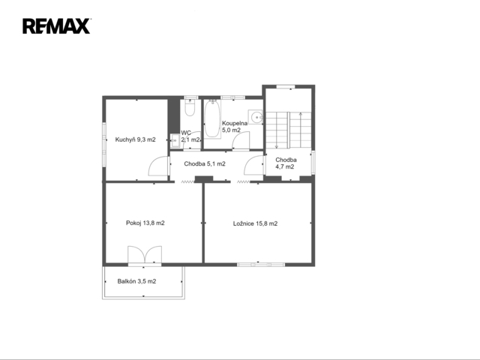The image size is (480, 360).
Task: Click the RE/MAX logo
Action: pyautogui.click(x=56, y=26)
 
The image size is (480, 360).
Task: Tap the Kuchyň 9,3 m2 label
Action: pyautogui.click(x=135, y=139)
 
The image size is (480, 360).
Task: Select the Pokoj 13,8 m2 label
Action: pyautogui.click(x=145, y=223)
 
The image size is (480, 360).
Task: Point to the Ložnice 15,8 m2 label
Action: pyautogui.click(x=255, y=223)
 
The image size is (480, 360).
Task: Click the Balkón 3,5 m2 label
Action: pyautogui.click(x=136, y=281)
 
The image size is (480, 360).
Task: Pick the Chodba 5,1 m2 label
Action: pyautogui.click(x=205, y=163)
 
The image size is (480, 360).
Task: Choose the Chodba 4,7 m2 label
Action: pyautogui.click(x=286, y=163)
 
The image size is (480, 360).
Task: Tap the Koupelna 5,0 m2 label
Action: pyautogui.click(x=235, y=127)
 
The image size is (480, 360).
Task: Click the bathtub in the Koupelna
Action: pyautogui.click(x=212, y=118)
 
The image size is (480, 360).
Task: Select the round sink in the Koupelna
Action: pyautogui.click(x=255, y=117)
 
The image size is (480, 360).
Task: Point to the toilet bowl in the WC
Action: pyautogui.click(x=190, y=108)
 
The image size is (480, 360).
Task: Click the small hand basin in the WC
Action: pyautogui.click(x=175, y=141)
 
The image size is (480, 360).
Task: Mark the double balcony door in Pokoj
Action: pyautogui.click(x=145, y=255)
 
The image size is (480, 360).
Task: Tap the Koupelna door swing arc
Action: pyautogui.click(x=241, y=140)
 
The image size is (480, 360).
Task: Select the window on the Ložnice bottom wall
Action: pyautogui.click(x=261, y=265)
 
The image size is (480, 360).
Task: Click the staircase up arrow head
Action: pyautogui.click(x=301, y=114)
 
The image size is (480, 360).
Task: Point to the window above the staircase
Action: pyautogui.click(x=286, y=87)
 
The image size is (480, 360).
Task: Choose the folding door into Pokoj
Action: pyautogui.click(x=187, y=181)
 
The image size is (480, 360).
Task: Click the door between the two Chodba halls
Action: pyautogui.click(x=254, y=165)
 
